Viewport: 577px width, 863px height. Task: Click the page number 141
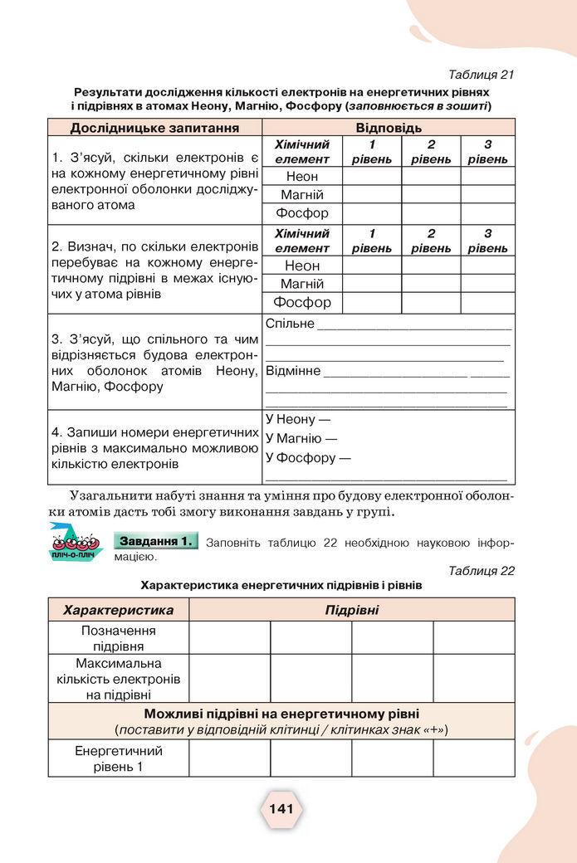tap(281, 809)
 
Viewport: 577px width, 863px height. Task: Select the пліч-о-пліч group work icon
tap(73, 544)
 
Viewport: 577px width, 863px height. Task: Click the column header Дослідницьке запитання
tap(154, 128)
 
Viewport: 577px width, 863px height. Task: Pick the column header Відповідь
tap(389, 128)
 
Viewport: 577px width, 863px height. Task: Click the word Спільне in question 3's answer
tap(290, 324)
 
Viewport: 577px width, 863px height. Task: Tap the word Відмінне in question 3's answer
tap(293, 370)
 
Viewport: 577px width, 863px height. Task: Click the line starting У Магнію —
tap(301, 439)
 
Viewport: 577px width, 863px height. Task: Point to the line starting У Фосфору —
tap(307, 458)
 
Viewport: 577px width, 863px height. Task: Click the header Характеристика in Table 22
tap(119, 610)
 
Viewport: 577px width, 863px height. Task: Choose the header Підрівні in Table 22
tap(351, 610)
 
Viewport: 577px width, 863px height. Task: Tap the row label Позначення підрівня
tap(119, 638)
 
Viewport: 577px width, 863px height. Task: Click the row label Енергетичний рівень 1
tap(119, 758)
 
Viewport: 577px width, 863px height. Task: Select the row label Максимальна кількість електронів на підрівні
tap(119, 679)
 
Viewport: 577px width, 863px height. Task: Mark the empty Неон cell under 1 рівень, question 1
tap(372, 176)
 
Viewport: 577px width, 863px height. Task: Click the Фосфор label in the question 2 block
tap(302, 303)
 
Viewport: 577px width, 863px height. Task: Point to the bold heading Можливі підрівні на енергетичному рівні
tap(281, 714)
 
